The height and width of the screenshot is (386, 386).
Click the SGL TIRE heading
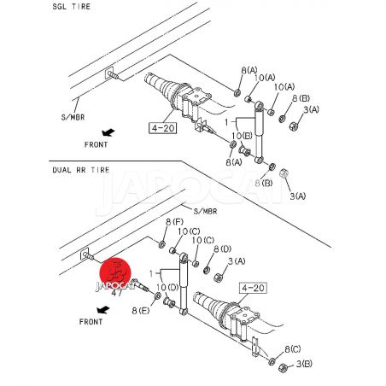pyautogui.click(x=71, y=7)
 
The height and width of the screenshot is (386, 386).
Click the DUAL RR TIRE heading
pyautogui.click(x=81, y=170)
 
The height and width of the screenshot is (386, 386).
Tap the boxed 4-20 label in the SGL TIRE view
pyautogui.click(x=163, y=128)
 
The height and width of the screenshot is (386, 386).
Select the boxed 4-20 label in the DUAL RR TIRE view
pyautogui.click(x=254, y=288)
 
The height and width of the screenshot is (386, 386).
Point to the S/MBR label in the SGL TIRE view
pyautogui.click(x=73, y=117)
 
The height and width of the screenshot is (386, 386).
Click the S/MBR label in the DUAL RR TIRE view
pyautogui.click(x=205, y=211)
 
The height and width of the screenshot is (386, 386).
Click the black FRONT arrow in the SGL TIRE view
pyautogui.click(x=108, y=132)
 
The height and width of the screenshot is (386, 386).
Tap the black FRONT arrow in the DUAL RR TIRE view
pyautogui.click(x=103, y=310)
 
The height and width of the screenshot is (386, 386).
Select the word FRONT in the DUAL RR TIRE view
pyautogui.click(x=91, y=322)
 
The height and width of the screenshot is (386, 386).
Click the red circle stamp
pyautogui.click(x=115, y=273)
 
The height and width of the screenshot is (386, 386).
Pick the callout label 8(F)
pyautogui.click(x=174, y=222)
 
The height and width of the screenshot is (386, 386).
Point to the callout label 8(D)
pyautogui.click(x=222, y=249)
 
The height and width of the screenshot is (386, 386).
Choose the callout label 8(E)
pyautogui.click(x=141, y=311)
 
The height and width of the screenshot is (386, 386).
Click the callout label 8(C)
pyautogui.click(x=292, y=349)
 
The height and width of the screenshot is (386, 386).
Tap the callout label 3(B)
pyautogui.click(x=304, y=364)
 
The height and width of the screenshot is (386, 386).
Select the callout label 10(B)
pyautogui.click(x=242, y=136)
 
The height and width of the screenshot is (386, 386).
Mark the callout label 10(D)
pyautogui.click(x=167, y=288)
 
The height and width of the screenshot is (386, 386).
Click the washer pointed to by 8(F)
pyautogui.click(x=162, y=244)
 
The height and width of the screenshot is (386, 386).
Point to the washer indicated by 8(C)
pyautogui.click(x=272, y=361)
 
